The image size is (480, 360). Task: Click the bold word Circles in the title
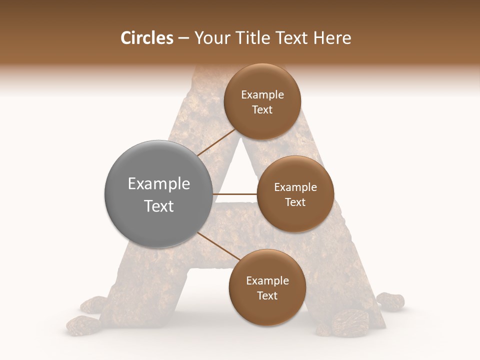point(147,38)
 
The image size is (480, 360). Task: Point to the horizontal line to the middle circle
point(234,194)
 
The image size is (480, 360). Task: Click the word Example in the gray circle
point(159,184)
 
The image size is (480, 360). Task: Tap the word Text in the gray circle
point(159,206)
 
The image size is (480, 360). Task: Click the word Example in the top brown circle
point(262,95)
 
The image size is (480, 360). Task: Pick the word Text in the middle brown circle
point(295,202)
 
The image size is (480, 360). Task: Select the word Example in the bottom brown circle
point(267,281)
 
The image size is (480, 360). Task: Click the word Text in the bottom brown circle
point(267,295)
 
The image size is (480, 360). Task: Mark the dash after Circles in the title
point(183,38)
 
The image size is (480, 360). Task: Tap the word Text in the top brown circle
point(262,109)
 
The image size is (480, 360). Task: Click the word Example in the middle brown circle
point(295,187)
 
